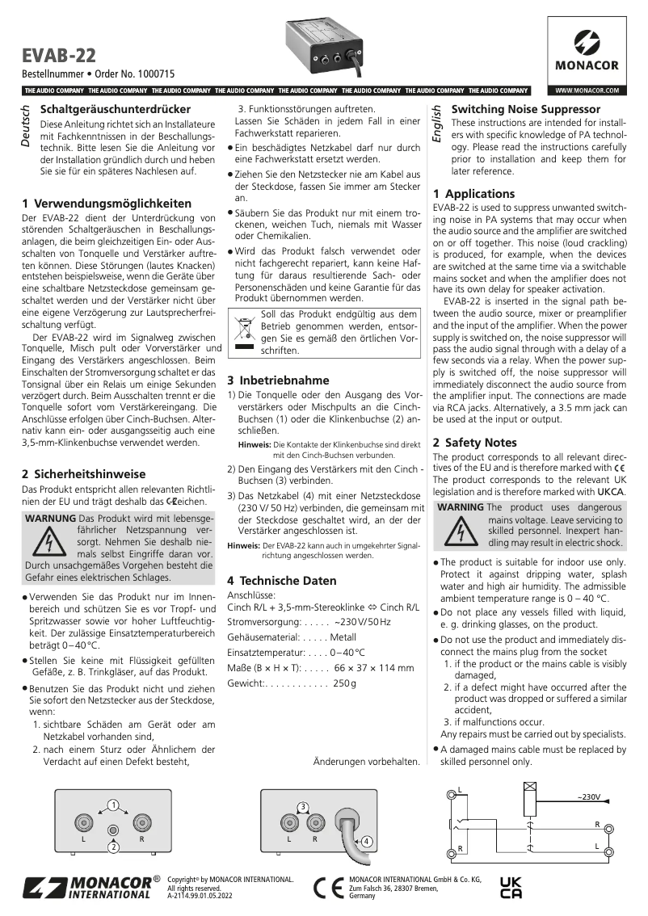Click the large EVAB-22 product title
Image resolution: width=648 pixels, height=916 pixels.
tap(59, 55)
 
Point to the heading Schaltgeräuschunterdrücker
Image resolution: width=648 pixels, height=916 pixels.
tap(116, 109)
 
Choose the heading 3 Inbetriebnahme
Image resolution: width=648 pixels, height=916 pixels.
tap(278, 380)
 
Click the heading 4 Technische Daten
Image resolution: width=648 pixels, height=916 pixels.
tap(281, 580)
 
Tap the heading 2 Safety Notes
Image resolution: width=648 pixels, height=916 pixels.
tap(474, 443)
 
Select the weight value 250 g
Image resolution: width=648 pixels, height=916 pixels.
tap(343, 683)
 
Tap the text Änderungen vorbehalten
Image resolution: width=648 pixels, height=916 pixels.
tap(365, 761)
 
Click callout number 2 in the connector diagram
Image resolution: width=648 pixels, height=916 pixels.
tap(114, 847)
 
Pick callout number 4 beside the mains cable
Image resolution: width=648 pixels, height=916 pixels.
tap(366, 841)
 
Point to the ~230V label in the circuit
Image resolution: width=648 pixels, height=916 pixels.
tap(588, 797)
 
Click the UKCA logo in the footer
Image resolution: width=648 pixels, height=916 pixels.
tap(511, 887)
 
